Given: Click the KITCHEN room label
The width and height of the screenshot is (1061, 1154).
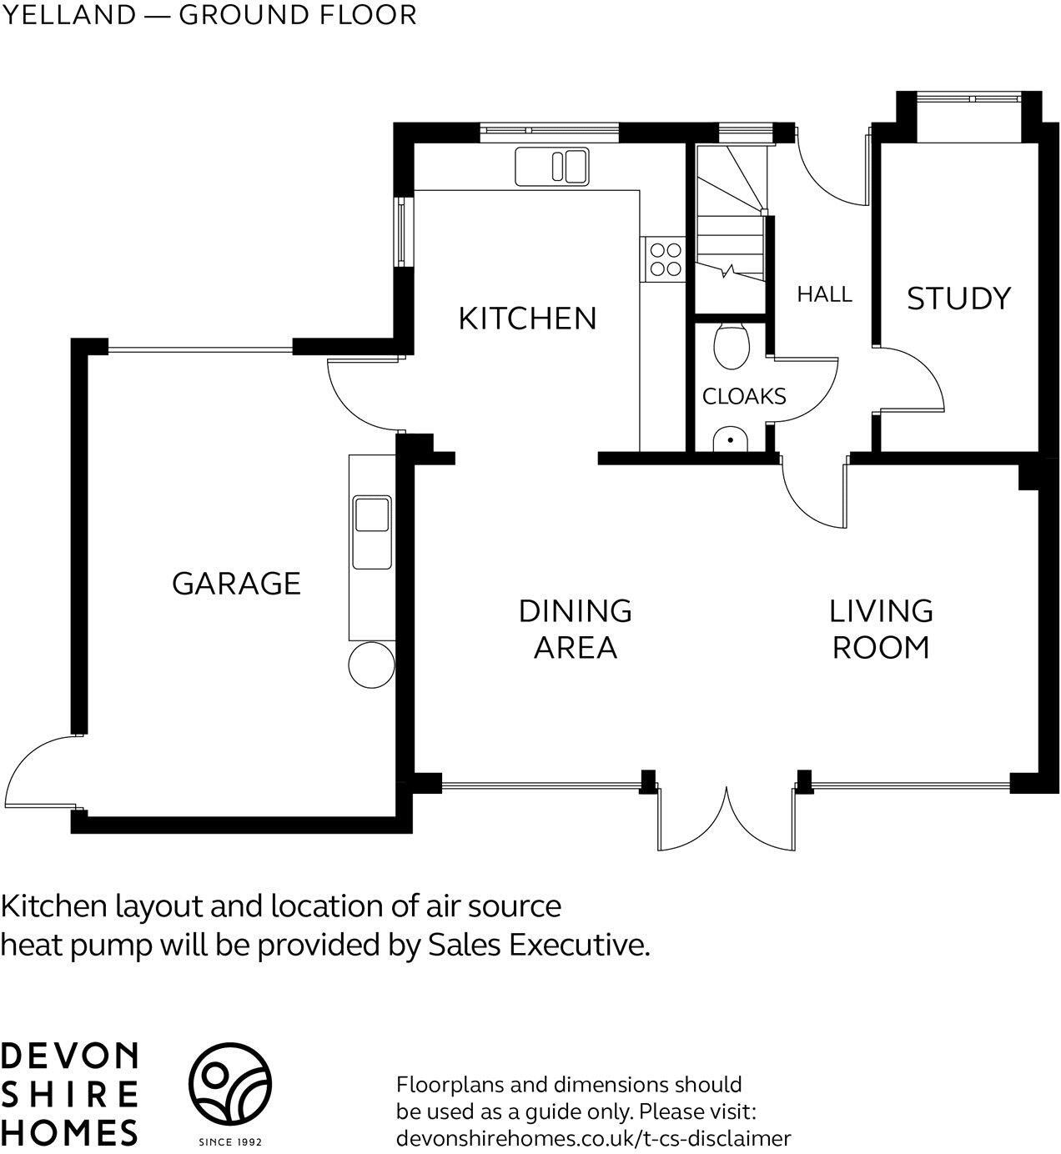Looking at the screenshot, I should coord(527,319).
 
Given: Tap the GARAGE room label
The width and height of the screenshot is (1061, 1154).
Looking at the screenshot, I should coord(236,584).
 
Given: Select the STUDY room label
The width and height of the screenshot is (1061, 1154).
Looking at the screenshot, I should coord(958,299).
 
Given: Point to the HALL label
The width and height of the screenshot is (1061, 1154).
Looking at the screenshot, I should coord(824,294).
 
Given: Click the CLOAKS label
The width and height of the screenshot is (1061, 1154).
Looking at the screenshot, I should coord(744,396).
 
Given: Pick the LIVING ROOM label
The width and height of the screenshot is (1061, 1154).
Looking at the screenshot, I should coord(881,629).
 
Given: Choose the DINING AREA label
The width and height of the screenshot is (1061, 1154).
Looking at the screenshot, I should coord(576,629).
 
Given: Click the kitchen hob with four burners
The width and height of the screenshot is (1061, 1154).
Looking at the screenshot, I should coord(664,258).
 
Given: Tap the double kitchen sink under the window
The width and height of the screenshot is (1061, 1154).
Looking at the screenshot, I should coord(551,165).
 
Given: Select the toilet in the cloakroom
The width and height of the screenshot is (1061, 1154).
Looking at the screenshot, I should coord(732,346).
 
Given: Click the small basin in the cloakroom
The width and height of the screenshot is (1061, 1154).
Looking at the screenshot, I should coord(732,439).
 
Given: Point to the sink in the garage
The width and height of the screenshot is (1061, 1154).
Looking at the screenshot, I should coord(372,514).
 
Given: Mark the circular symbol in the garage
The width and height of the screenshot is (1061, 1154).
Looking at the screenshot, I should coord(370,665).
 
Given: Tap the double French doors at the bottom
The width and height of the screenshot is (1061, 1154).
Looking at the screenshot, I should coord(727,817).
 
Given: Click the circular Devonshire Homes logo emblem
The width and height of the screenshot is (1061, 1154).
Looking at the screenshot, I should coord(229,1083).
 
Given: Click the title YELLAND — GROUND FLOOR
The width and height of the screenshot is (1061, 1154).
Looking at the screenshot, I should coord(209,15).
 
